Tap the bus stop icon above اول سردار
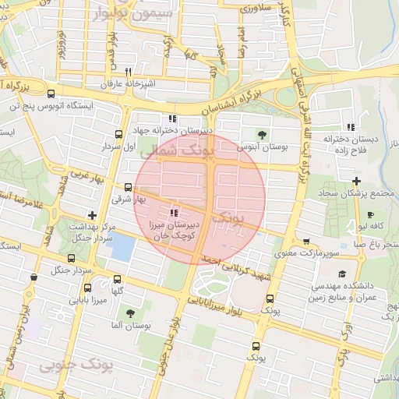(118, 133)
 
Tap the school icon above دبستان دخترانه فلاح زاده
(351, 126)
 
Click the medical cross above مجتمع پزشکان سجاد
(356, 181)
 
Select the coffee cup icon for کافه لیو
(370, 214)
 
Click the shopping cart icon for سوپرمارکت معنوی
(306, 242)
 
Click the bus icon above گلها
(118, 278)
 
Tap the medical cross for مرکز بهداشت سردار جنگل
(93, 214)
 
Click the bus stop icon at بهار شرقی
(129, 187)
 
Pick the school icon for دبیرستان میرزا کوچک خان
(174, 211)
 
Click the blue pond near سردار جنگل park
(121, 248)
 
